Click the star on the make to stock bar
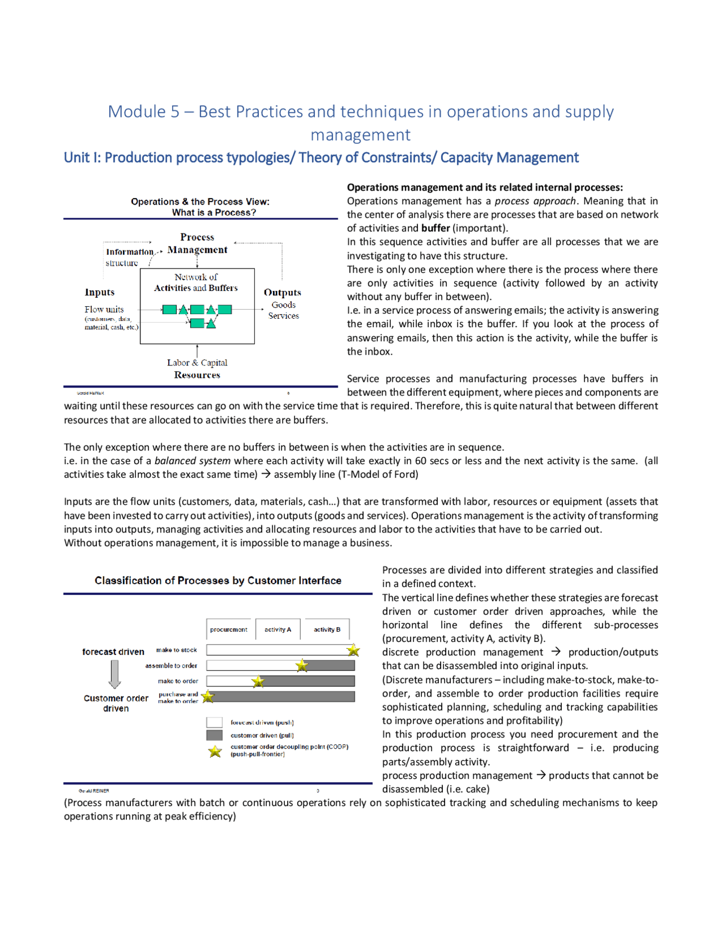tap(354, 650)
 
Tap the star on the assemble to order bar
tap(302, 666)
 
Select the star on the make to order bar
tap(258, 681)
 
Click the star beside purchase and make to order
tap(208, 697)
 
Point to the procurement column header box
tap(229, 629)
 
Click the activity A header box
tap(278, 629)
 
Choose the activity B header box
tap(327, 629)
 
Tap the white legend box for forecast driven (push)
tap(214, 722)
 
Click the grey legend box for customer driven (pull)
tap(214, 735)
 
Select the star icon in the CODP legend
tap(215, 751)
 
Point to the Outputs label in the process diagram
tap(283, 293)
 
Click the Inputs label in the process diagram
tap(100, 292)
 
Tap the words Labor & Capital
tap(197, 363)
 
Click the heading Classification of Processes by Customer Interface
tap(218, 581)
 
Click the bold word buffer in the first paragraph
tap(435, 228)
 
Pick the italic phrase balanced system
tap(192, 461)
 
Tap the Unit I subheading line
tap(321, 158)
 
